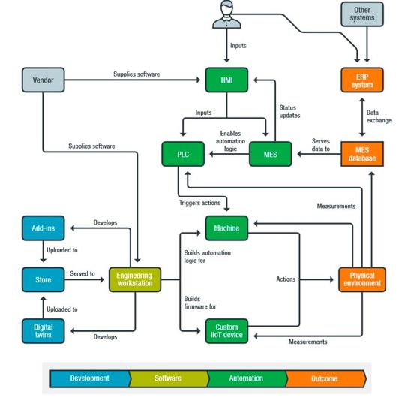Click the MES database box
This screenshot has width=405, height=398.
[x=361, y=153]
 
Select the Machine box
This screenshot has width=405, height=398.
[x=226, y=227]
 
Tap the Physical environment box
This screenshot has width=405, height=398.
[x=361, y=279]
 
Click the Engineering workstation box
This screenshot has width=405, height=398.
[x=135, y=279]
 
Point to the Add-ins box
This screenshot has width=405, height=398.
[x=43, y=227]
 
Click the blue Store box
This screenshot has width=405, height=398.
[x=43, y=279]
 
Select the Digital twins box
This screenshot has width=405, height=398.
[x=43, y=331]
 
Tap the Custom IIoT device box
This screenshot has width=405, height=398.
[x=226, y=331]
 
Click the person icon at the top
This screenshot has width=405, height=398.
[x=226, y=15]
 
